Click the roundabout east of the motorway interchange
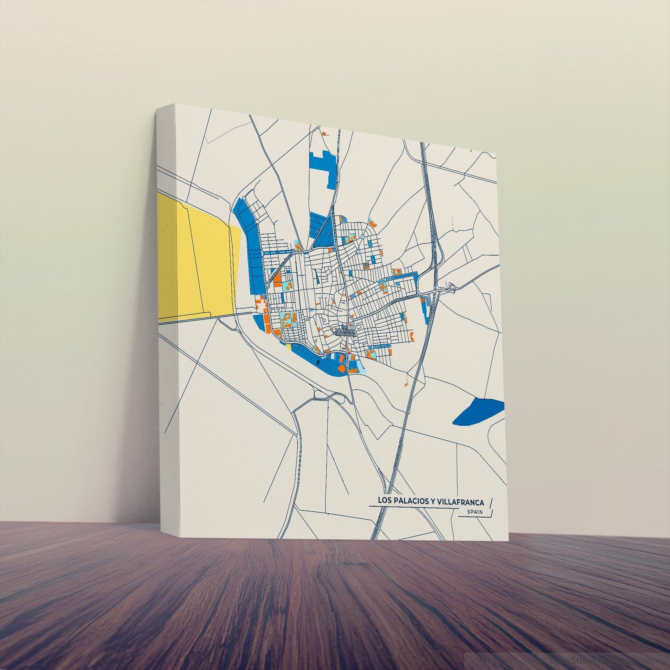(452, 286)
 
